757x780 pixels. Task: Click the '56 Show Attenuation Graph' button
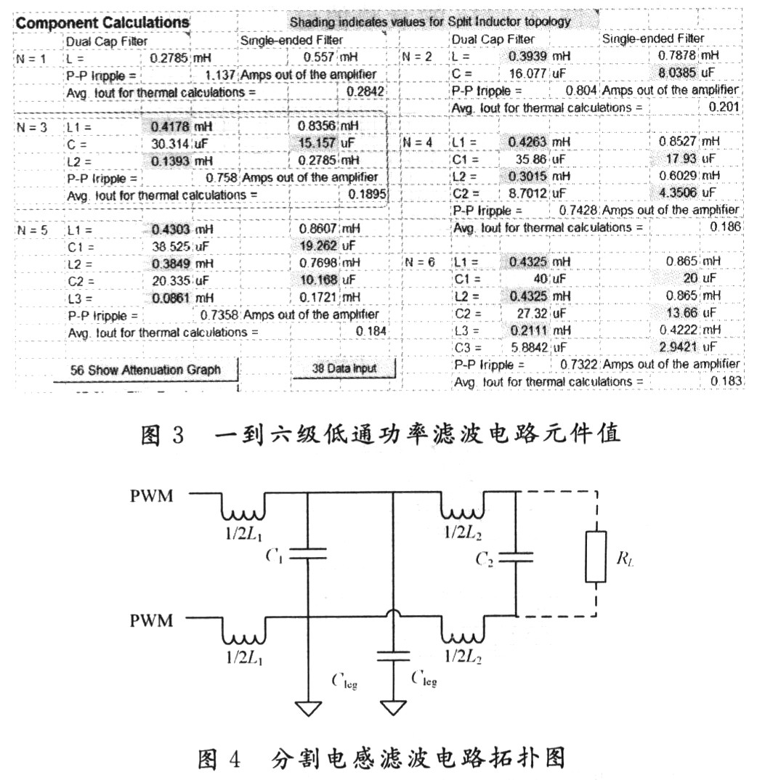point(145,370)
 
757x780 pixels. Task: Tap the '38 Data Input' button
point(344,369)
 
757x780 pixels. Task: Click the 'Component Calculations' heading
point(102,23)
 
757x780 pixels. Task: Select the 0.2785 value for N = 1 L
point(169,58)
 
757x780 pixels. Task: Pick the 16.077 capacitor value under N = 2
point(527,73)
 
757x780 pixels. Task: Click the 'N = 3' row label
point(32,127)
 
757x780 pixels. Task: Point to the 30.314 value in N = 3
point(170,144)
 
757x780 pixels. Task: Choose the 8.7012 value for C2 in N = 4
point(527,193)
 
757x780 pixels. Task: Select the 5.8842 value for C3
point(529,347)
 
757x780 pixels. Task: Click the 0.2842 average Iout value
point(365,92)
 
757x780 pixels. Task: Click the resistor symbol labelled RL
point(596,556)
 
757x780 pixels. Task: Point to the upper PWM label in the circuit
point(151,496)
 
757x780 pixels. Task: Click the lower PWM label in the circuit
point(151,621)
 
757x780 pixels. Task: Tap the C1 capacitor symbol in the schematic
point(308,553)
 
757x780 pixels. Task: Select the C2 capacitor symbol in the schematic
point(516,558)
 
